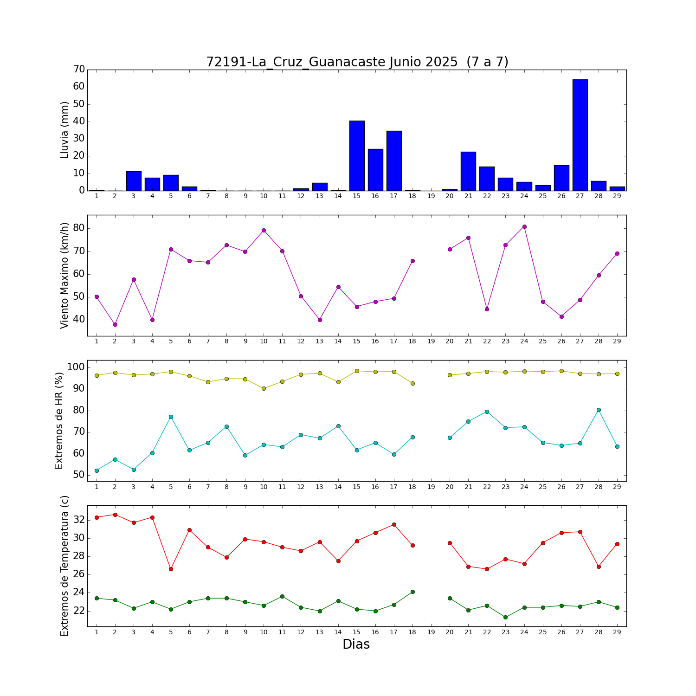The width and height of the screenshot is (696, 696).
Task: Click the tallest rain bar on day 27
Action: (x=580, y=135)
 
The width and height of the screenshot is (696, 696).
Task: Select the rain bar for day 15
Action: (x=357, y=155)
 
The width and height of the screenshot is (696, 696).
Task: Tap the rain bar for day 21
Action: (x=468, y=171)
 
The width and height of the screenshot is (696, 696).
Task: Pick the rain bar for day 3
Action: (x=134, y=181)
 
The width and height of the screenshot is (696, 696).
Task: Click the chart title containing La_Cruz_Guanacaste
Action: (x=357, y=62)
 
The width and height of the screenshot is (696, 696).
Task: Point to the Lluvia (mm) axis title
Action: (x=64, y=130)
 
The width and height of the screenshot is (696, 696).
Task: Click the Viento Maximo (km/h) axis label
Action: (x=64, y=275)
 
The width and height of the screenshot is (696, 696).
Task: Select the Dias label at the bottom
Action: (x=356, y=644)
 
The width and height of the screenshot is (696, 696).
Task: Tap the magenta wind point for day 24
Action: (x=524, y=226)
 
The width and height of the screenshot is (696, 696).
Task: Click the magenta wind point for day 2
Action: (x=115, y=324)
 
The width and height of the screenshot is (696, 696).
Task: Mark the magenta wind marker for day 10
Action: (x=264, y=230)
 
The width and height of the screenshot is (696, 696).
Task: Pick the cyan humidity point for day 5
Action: (x=171, y=417)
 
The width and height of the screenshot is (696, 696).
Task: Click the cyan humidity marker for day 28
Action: (x=599, y=410)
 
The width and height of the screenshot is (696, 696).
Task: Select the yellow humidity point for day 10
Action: (x=264, y=388)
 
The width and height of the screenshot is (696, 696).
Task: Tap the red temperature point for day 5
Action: (x=171, y=569)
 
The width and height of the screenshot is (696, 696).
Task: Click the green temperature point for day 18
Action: (x=412, y=592)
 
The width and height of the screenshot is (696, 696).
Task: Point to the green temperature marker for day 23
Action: (x=505, y=617)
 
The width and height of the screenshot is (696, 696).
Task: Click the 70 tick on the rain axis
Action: (x=79, y=70)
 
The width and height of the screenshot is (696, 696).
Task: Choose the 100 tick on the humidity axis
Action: (x=76, y=367)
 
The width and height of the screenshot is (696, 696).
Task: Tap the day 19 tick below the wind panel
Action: (x=431, y=342)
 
